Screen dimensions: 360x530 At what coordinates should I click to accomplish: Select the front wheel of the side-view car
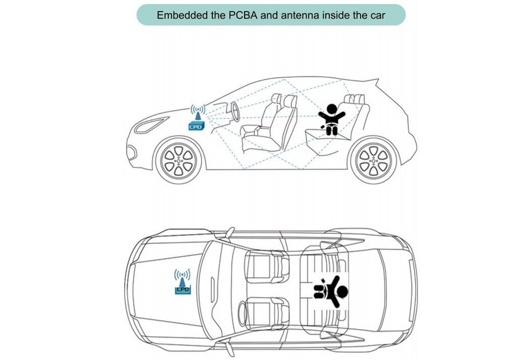(x=179, y=160)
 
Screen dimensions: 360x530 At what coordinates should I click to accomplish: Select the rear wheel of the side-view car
(x=374, y=160)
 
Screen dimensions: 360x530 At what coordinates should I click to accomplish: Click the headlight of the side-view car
(x=151, y=125)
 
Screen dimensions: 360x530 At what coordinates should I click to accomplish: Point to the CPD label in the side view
(x=196, y=127)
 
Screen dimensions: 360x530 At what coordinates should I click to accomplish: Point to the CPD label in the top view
(x=182, y=289)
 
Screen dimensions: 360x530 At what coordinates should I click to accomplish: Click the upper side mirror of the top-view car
(x=229, y=232)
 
